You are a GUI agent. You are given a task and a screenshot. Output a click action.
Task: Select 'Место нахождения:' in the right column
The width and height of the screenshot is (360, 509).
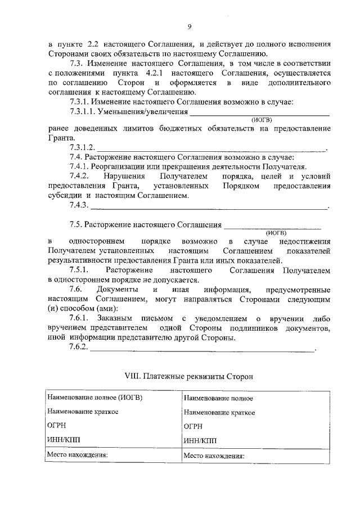pos(214,456)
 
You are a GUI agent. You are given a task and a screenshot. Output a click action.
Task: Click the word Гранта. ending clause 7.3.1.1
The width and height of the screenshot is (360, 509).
pos(61,138)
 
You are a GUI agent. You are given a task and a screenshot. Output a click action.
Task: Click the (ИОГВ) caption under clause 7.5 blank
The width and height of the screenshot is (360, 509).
pos(276,232)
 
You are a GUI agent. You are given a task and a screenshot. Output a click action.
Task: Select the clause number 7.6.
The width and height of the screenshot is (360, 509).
pos(78,290)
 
